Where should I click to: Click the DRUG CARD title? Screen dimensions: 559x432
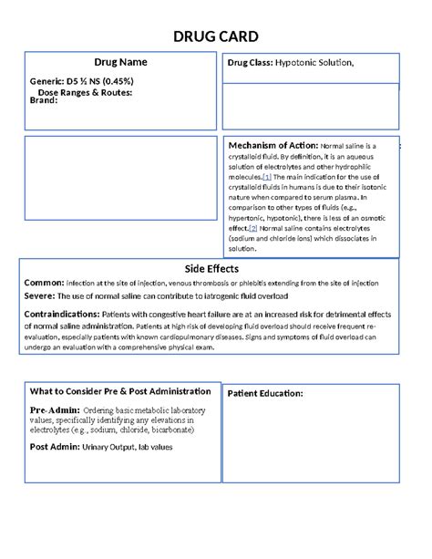215,36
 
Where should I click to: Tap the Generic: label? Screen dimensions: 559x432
46,81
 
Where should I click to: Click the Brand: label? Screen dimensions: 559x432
43,100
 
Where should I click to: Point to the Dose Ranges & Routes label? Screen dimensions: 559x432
85,91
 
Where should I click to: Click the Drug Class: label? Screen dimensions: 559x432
249,63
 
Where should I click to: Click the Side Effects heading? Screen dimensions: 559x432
211,269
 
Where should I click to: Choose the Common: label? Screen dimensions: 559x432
44,283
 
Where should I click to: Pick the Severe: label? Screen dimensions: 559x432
39,296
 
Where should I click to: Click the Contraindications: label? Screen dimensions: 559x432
61,314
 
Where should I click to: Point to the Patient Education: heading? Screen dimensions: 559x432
265,394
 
